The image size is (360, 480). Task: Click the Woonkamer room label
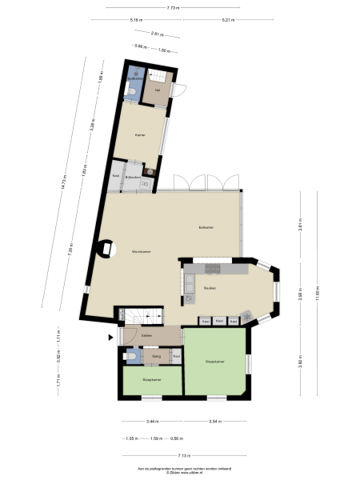pyautogui.click(x=142, y=252)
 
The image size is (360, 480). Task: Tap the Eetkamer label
pyautogui.click(x=206, y=228)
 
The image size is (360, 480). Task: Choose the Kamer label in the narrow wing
pyautogui.click(x=140, y=134)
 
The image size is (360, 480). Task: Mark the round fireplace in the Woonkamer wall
pyautogui.click(x=105, y=249)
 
